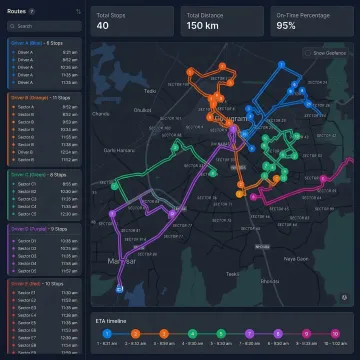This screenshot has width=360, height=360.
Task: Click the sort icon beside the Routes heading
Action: [x=78, y=10]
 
